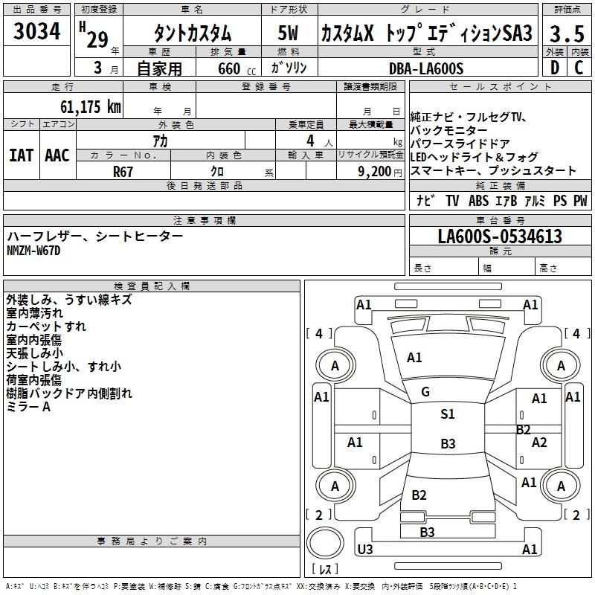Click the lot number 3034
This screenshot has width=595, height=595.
click(x=37, y=32)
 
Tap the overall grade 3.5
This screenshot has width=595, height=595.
click(x=567, y=33)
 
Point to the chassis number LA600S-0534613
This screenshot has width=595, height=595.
click(x=500, y=237)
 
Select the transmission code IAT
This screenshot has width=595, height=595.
click(x=21, y=155)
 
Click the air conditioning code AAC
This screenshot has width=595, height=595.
click(x=57, y=155)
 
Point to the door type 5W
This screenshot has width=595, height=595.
click(x=289, y=33)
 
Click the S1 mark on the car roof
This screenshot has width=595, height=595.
click(x=448, y=414)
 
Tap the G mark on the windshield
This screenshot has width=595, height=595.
click(x=425, y=392)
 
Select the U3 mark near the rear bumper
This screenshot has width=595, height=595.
click(x=364, y=550)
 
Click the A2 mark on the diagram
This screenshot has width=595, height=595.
click(x=539, y=443)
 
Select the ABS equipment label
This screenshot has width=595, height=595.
click(x=478, y=201)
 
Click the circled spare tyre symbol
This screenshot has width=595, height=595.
click(x=325, y=545)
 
